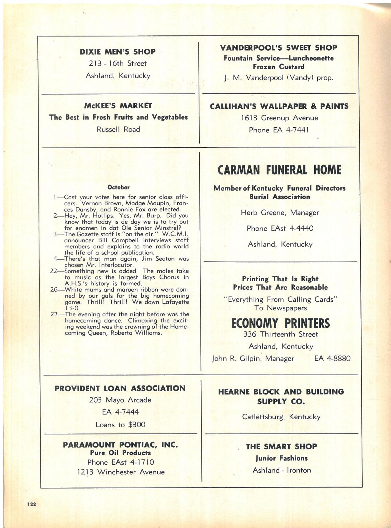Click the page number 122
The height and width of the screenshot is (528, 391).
[x=32, y=504]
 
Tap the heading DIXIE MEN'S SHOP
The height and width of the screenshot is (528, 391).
[x=117, y=52]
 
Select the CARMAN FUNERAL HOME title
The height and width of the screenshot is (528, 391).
[x=279, y=170]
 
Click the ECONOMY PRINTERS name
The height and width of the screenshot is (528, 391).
[x=280, y=323]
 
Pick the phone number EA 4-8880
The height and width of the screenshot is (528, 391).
[x=332, y=358]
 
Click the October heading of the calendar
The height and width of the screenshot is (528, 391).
[x=119, y=187]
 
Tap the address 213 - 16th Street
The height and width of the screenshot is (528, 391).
[x=117, y=63]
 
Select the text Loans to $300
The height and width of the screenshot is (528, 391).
[x=120, y=425]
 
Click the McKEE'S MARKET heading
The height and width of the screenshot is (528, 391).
[x=118, y=106]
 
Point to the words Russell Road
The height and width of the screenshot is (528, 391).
[x=118, y=129]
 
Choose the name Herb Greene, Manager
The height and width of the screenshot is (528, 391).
[x=280, y=213]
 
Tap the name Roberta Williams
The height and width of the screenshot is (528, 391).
[x=136, y=333]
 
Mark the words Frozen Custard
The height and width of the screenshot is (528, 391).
[x=279, y=67]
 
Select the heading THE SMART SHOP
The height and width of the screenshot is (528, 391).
[x=281, y=446]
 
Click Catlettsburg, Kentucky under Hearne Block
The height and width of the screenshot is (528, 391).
[x=281, y=417]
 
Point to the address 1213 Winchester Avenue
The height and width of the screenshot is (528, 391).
[x=121, y=472]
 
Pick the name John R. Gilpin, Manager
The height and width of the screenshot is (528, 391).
[x=253, y=358]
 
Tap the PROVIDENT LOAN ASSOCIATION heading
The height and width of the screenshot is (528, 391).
[x=120, y=388]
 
